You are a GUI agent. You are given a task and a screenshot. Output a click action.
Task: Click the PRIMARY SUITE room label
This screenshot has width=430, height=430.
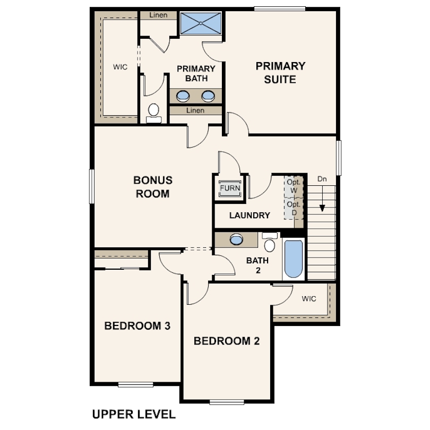280,73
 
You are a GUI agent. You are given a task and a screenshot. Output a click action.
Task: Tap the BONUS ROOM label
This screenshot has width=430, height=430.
153,187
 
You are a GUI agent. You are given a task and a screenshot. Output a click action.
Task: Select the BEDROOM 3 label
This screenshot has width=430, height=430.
137,326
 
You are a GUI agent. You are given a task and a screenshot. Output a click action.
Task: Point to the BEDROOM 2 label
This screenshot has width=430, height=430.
227,341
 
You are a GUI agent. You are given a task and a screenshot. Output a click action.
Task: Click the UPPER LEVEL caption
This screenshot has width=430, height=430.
134,414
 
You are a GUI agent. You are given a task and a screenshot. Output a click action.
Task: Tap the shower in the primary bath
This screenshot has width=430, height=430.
201,23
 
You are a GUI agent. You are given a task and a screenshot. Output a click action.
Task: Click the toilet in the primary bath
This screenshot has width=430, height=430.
153,113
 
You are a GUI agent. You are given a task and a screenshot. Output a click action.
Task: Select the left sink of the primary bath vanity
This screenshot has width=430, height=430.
183,96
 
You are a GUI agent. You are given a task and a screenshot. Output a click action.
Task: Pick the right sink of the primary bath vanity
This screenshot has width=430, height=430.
208,96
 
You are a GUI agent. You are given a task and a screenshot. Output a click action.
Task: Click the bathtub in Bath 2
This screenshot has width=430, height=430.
294,259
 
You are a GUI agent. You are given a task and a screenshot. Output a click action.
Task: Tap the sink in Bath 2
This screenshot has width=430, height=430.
236,239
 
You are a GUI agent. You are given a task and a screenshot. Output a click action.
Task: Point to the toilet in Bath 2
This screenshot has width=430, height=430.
270,242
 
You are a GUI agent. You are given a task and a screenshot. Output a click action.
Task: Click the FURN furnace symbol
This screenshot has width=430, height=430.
230,188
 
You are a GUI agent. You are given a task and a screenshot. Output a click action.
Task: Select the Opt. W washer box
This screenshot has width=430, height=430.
294,186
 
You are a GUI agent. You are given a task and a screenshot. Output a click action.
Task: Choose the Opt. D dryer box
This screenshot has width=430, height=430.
294,209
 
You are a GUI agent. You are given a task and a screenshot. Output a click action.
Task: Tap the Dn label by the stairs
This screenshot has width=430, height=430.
322,179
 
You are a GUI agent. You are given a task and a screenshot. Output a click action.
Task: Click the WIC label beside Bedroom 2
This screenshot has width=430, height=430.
309,299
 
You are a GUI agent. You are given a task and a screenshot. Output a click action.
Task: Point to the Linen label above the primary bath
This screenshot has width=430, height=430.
158,15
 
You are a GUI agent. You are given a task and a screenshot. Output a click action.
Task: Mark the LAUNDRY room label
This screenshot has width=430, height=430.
250,216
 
